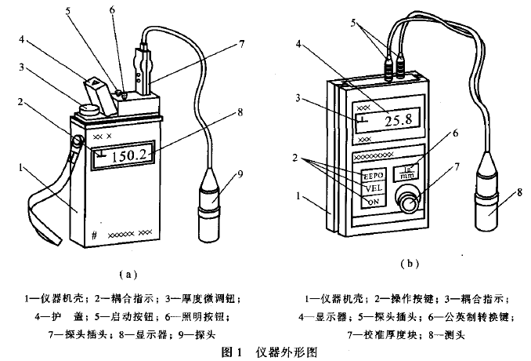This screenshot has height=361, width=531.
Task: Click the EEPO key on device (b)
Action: pos(373,175)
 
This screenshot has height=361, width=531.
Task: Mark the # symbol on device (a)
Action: pos(93,234)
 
